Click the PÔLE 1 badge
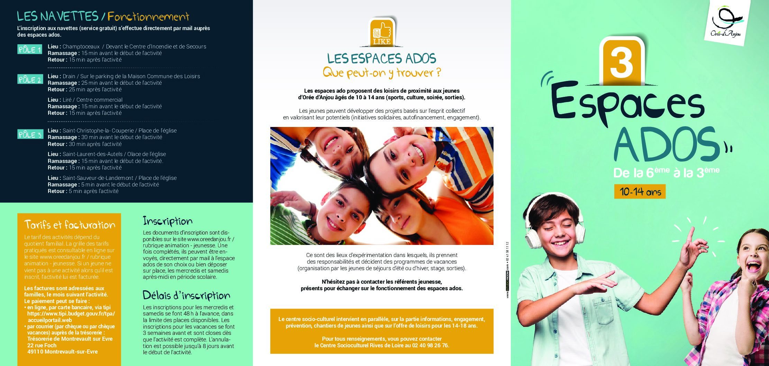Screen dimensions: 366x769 tap(30, 50)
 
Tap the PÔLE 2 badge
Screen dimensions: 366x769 tap(30, 80)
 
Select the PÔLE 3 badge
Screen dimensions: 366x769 tap(30, 134)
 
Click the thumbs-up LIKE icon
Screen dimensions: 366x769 tap(382, 33)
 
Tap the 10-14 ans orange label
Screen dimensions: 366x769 tap(640, 192)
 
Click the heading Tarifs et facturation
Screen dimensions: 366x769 tap(70, 225)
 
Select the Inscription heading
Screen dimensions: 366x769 tap(168, 221)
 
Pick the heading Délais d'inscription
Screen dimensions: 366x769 tap(186, 295)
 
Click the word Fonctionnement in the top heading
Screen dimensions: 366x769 tap(148, 16)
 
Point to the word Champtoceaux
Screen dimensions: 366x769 tap(81, 46)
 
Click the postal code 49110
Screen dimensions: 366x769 tap(35, 351)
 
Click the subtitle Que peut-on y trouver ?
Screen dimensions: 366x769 tap(382, 73)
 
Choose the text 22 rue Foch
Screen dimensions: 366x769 tap(42, 345)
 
